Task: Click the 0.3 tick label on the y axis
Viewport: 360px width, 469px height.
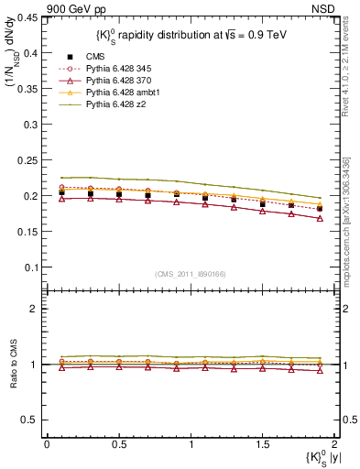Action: pos(32,125)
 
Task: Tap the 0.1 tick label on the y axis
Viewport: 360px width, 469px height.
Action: pos(32,267)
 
